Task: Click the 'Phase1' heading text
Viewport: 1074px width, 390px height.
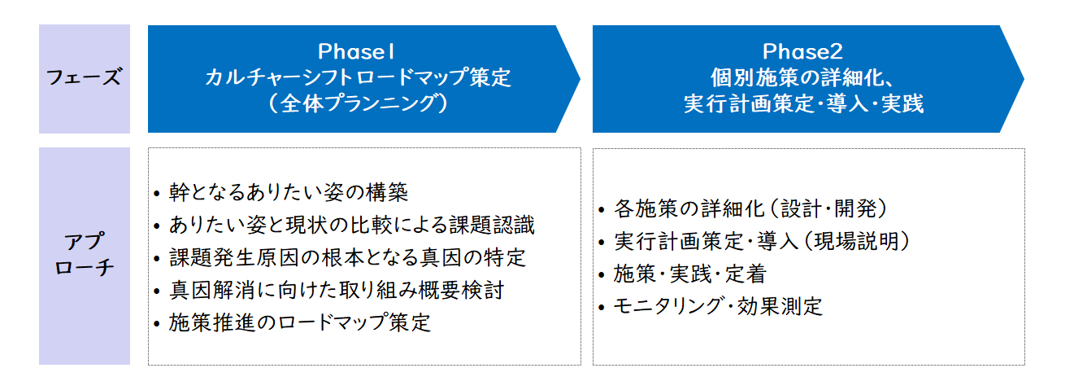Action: [356, 51]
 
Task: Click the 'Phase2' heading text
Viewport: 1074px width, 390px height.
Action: [802, 51]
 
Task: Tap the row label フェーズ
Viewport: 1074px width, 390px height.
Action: [84, 77]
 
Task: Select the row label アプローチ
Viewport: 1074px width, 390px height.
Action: [84, 254]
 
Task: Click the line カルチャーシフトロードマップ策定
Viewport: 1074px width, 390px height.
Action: [359, 77]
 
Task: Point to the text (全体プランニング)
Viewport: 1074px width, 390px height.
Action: [359, 103]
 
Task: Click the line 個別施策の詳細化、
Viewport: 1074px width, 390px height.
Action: [802, 77]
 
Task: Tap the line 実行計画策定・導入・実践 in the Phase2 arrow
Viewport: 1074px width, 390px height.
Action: [803, 103]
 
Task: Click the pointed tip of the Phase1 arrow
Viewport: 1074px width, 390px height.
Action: [580, 79]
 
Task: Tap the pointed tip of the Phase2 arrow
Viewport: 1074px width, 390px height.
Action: [1024, 79]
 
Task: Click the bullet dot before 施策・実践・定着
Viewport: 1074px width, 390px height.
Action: [602, 274]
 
